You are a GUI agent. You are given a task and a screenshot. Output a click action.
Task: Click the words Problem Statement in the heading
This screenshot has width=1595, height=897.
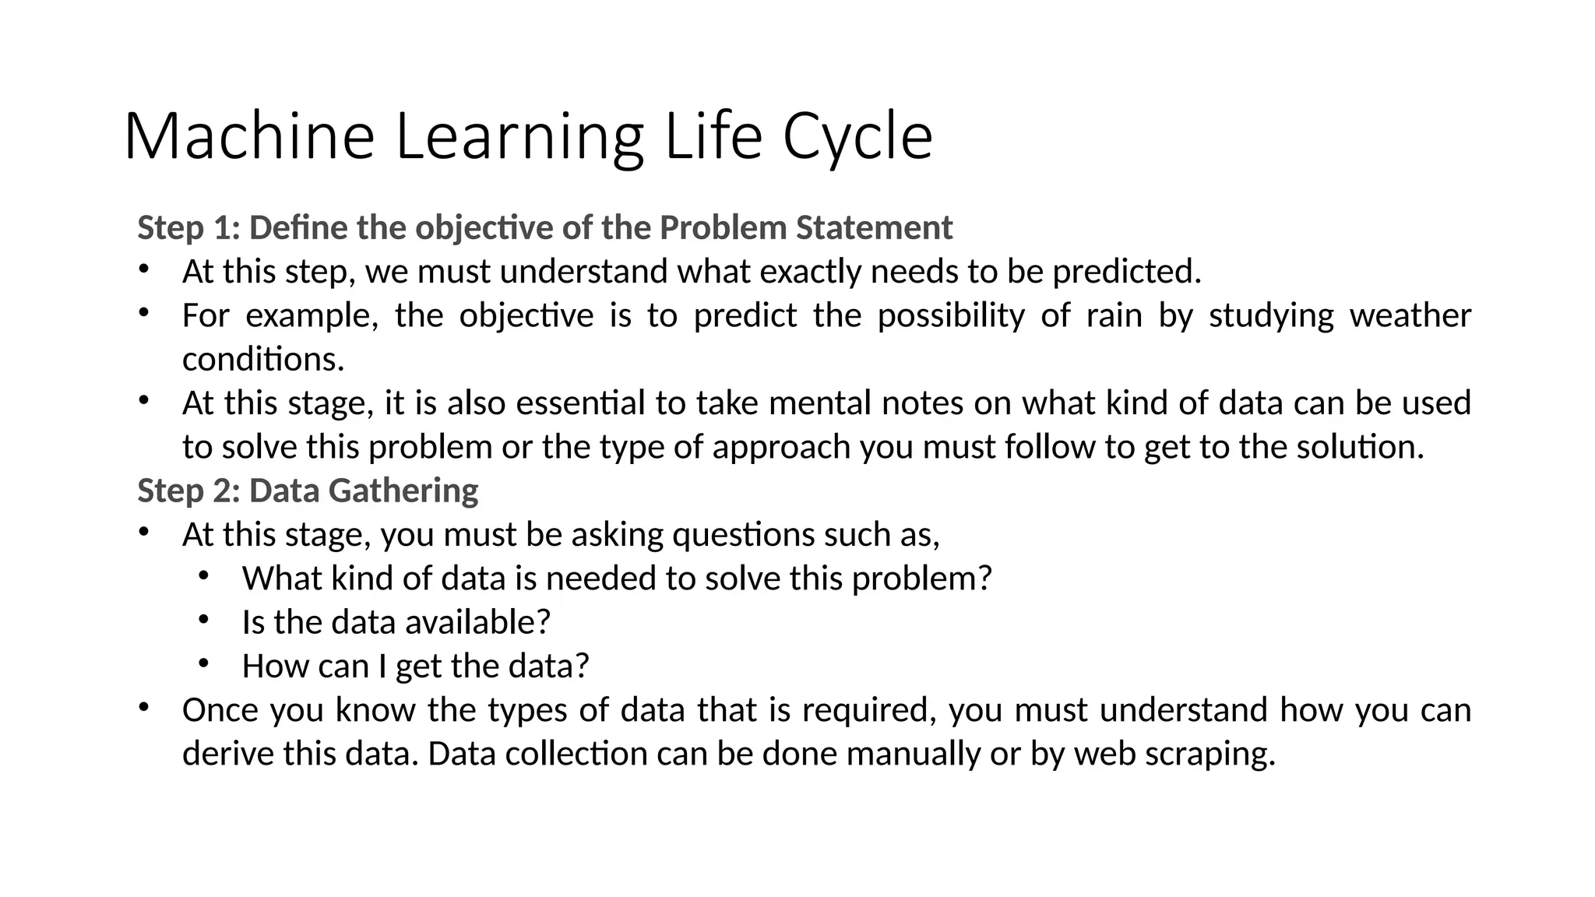pyautogui.click(x=805, y=228)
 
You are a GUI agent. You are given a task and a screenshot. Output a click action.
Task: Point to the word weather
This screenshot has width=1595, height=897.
pyautogui.click(x=1410, y=315)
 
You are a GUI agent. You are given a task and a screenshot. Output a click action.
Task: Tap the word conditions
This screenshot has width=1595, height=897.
pyautogui.click(x=262, y=360)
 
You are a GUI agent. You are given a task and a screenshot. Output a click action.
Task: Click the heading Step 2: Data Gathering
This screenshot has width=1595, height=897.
pyautogui.click(x=308, y=491)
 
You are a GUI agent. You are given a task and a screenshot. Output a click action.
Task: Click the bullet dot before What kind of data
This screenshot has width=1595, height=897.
pyautogui.click(x=203, y=575)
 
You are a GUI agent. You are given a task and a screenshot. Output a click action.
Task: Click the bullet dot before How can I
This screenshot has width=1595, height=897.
pyautogui.click(x=203, y=663)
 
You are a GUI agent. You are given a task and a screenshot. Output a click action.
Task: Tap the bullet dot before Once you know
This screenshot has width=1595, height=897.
pyautogui.click(x=143, y=707)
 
